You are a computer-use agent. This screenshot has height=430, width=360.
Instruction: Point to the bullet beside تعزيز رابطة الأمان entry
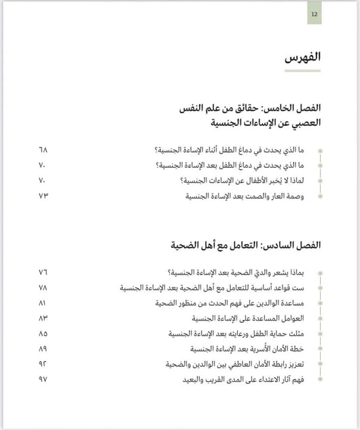click(320, 365)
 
